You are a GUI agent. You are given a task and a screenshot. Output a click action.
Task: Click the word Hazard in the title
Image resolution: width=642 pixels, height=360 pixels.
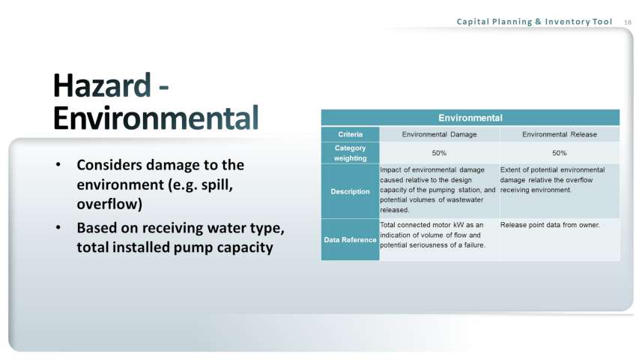click(102, 85)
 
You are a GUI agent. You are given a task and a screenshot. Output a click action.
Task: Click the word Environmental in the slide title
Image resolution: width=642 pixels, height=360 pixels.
click(156, 118)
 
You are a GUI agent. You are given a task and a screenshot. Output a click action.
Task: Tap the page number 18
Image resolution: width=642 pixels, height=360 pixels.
click(628, 22)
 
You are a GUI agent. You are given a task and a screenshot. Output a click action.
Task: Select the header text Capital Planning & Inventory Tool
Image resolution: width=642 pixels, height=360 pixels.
click(534, 21)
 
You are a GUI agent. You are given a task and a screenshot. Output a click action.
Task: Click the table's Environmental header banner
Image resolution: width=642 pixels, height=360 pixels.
click(470, 118)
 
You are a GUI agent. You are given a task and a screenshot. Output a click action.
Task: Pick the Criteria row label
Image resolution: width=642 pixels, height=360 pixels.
click(350, 134)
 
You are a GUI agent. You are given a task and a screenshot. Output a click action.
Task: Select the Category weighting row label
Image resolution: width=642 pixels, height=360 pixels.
click(350, 153)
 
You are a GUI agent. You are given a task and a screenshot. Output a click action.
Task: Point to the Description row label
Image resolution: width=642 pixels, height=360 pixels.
click(350, 191)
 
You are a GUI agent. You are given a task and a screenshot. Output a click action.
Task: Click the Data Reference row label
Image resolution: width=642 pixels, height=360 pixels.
click(350, 239)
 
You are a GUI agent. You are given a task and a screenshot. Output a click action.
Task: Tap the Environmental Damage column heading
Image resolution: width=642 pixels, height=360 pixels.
click(439, 134)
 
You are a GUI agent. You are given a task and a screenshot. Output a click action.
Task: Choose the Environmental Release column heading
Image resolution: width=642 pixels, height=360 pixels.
click(560, 134)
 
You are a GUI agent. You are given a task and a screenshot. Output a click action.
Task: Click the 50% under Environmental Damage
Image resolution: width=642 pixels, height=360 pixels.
click(439, 153)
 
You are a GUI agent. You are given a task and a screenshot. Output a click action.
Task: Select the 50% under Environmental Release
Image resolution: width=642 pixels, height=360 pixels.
click(560, 153)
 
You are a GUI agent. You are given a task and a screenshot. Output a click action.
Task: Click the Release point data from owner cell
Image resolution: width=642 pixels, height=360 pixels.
click(550, 225)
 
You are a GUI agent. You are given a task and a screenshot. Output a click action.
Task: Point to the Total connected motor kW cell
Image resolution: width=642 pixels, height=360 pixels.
click(433, 235)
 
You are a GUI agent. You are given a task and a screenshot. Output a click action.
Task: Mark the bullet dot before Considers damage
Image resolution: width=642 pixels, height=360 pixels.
click(58, 165)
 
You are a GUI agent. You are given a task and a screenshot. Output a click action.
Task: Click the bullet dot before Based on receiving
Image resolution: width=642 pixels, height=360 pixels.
click(58, 227)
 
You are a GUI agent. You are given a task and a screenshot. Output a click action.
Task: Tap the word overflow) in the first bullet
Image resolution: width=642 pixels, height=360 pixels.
click(109, 204)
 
